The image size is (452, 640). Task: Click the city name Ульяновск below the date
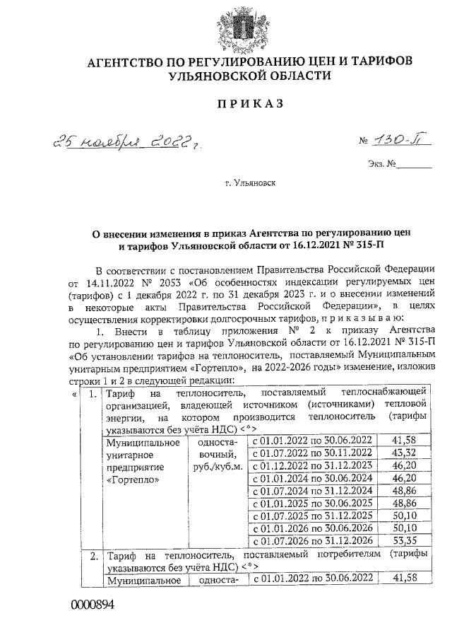[x=251, y=182]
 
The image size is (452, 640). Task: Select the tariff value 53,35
[x=408, y=540]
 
